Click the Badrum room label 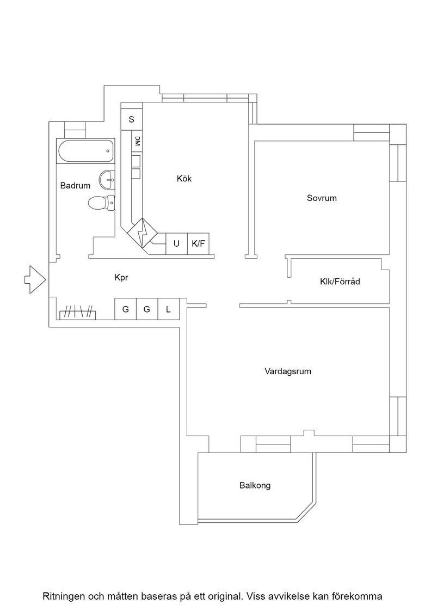pyautogui.click(x=75, y=186)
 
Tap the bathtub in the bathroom pyautogui.click(x=86, y=151)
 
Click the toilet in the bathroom pyautogui.click(x=101, y=203)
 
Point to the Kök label pyautogui.click(x=184, y=179)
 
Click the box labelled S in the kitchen pyautogui.click(x=131, y=119)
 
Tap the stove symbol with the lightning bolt pyautogui.click(x=142, y=233)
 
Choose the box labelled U pyautogui.click(x=177, y=244)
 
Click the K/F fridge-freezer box pyautogui.click(x=198, y=244)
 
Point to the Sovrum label pyautogui.click(x=322, y=198)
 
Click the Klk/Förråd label pyautogui.click(x=340, y=281)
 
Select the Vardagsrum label pyautogui.click(x=288, y=371)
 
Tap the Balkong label pyautogui.click(x=255, y=485)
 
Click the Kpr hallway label pyautogui.click(x=121, y=277)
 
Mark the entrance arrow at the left pyautogui.click(x=35, y=279)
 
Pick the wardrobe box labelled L pyautogui.click(x=168, y=309)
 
